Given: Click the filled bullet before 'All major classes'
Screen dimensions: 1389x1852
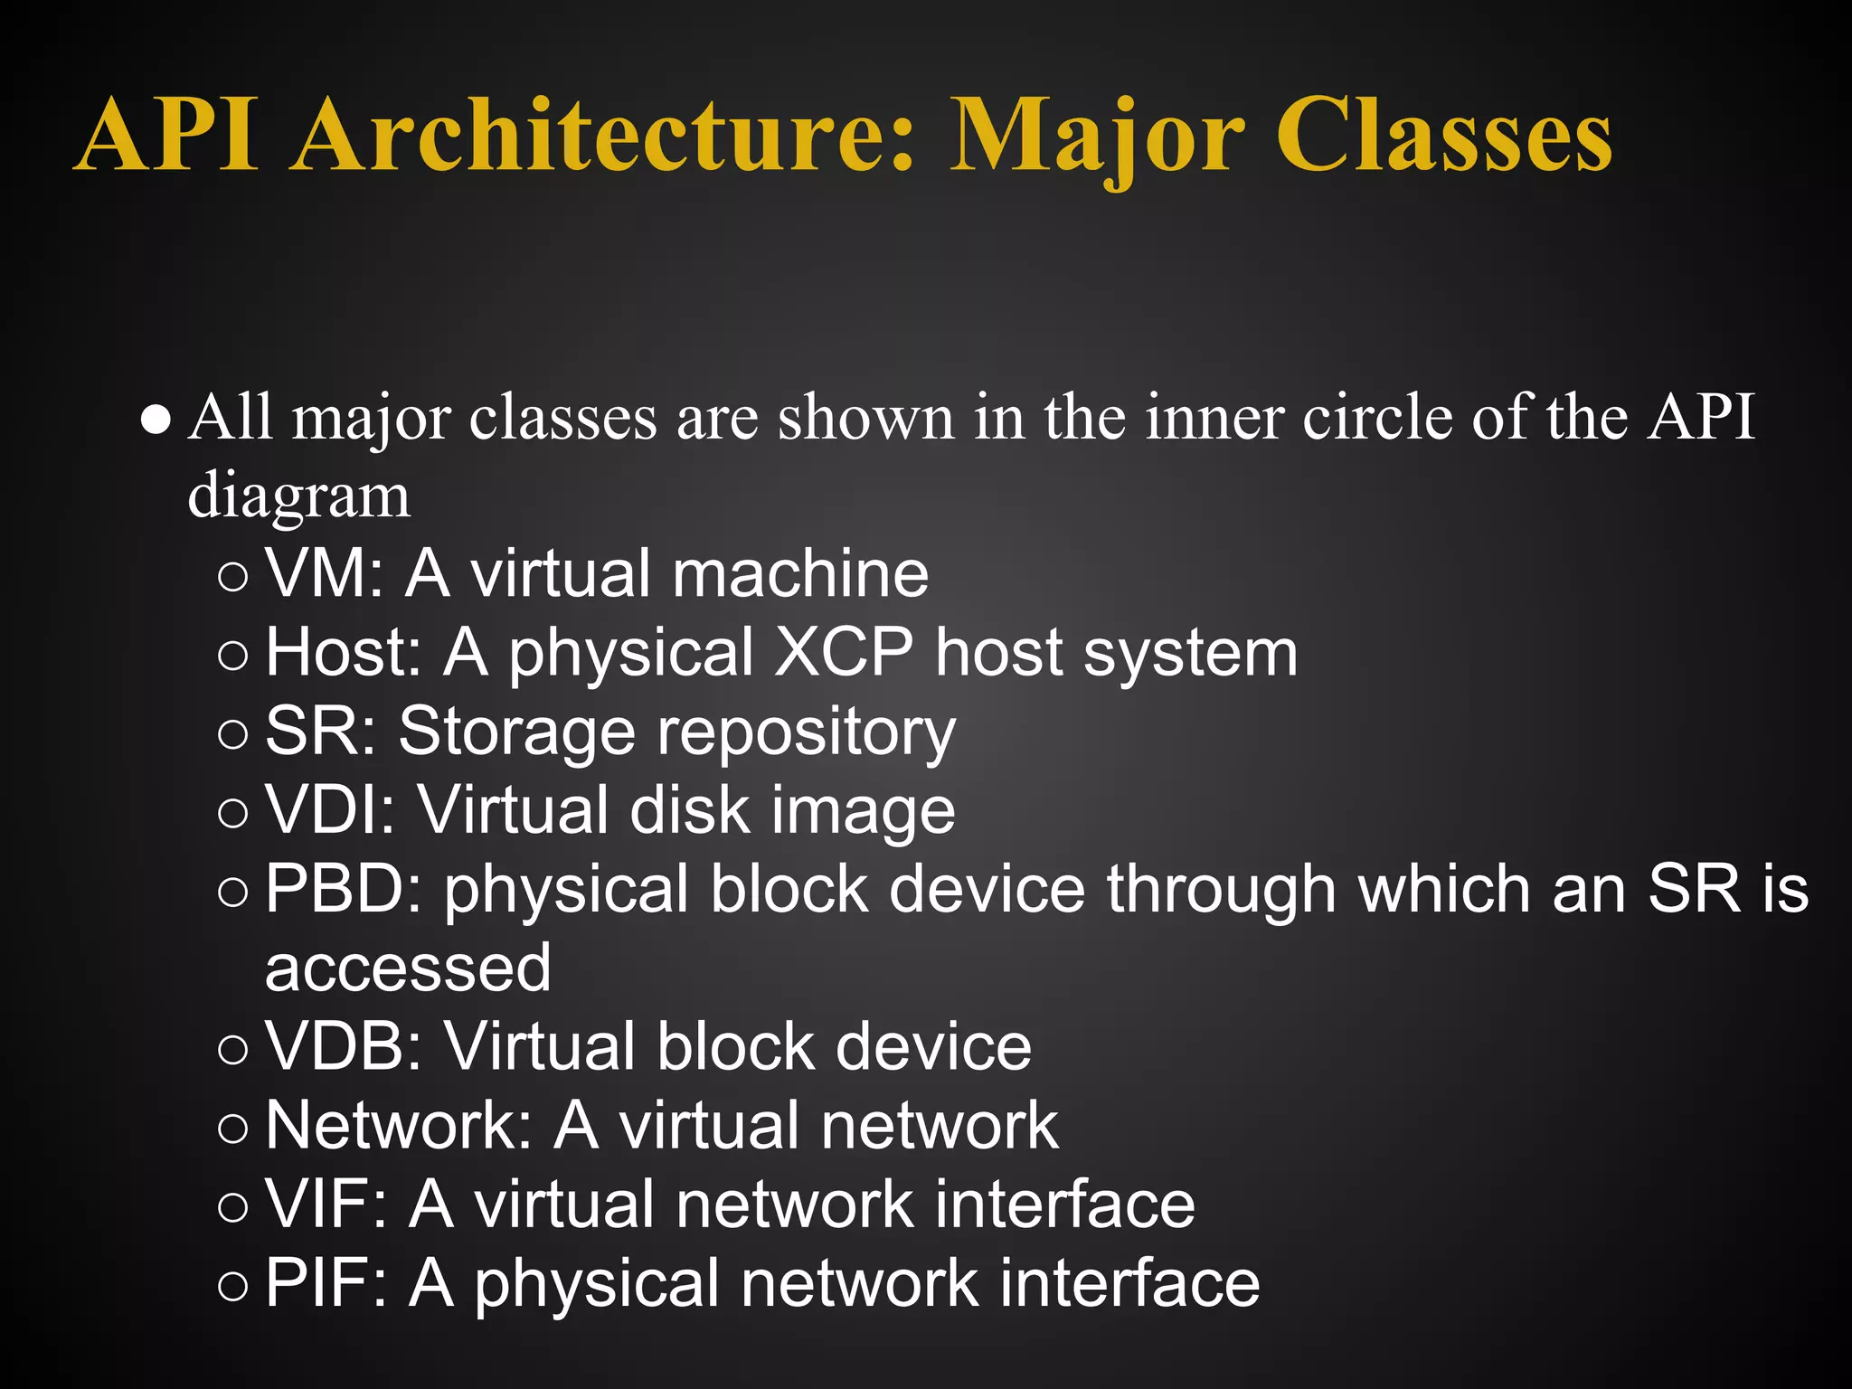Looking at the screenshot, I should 156,421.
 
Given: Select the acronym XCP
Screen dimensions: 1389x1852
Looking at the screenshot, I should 844,653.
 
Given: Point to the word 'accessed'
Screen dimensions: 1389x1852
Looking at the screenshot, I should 408,969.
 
